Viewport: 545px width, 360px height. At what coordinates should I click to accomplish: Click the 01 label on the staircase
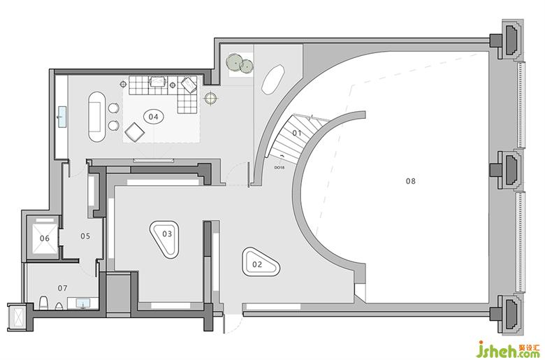pos(296,132)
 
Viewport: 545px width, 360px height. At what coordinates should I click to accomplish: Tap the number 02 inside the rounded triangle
pos(257,264)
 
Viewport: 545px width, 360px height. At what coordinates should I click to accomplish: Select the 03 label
pos(167,233)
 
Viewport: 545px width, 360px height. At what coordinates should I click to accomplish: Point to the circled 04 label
pos(153,116)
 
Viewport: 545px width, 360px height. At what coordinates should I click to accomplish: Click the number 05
pos(85,236)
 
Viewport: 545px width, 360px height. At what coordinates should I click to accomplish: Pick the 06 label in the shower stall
pos(44,238)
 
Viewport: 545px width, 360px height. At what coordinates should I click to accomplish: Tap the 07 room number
pos(62,288)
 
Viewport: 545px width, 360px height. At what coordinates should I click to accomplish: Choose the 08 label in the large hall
pos(410,180)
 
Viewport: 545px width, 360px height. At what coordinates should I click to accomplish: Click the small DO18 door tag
pos(279,168)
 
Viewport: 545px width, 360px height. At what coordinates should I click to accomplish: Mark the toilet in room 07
pos(43,303)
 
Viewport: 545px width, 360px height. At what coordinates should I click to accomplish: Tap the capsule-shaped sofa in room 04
pos(96,115)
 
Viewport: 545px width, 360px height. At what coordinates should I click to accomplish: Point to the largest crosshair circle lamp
pos(209,99)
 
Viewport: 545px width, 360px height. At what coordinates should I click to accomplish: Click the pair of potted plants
pos(238,64)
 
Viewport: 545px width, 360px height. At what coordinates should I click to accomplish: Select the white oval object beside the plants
pos(273,79)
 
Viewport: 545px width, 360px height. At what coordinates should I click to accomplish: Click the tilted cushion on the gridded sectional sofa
pos(188,86)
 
